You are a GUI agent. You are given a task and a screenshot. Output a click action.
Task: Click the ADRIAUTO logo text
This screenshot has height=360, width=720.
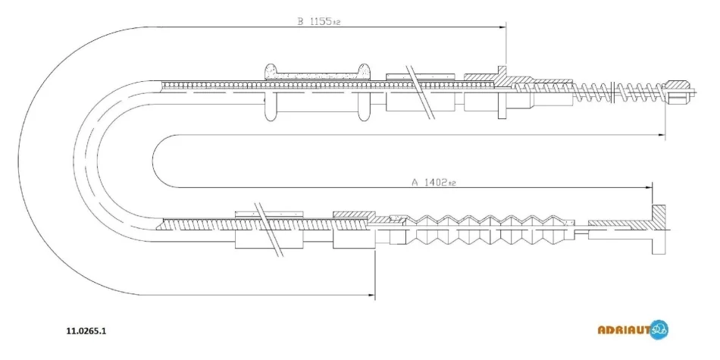(x=624, y=329)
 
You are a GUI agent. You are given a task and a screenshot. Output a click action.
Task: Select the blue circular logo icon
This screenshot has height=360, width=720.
(x=659, y=329)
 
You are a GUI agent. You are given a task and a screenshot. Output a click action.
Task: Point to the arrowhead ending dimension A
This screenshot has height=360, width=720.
(x=648, y=187)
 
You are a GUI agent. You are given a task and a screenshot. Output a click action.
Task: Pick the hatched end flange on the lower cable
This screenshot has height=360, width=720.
(x=659, y=229)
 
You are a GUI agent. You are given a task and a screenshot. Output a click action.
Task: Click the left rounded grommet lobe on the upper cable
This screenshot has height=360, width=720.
(x=272, y=92)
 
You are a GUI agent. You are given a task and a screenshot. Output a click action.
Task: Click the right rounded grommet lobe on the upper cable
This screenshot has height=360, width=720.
(x=364, y=92)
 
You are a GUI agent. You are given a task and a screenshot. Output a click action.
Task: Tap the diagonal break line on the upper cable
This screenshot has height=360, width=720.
(x=421, y=92)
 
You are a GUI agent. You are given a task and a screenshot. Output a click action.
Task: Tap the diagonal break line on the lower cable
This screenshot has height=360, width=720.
(x=268, y=229)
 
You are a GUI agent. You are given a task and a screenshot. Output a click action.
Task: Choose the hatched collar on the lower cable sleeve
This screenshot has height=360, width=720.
(x=354, y=215)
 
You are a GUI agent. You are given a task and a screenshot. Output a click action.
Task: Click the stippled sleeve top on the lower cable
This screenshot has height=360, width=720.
(x=269, y=214)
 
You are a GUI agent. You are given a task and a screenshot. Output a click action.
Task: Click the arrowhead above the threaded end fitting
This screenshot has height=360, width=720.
(x=660, y=135)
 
